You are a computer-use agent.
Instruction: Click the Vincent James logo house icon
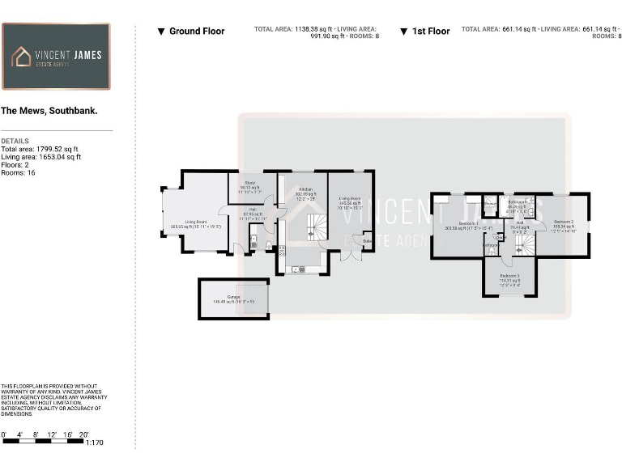21,57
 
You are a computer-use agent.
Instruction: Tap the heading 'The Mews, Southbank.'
49,111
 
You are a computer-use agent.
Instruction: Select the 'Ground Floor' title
191,32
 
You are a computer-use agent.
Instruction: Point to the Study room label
251,188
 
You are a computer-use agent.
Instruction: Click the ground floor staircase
312,227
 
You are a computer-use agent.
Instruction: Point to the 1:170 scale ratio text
94,443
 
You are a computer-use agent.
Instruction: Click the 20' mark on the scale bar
83,435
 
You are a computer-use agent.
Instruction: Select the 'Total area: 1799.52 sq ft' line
40,150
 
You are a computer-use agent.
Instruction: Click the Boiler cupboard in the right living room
367,240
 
